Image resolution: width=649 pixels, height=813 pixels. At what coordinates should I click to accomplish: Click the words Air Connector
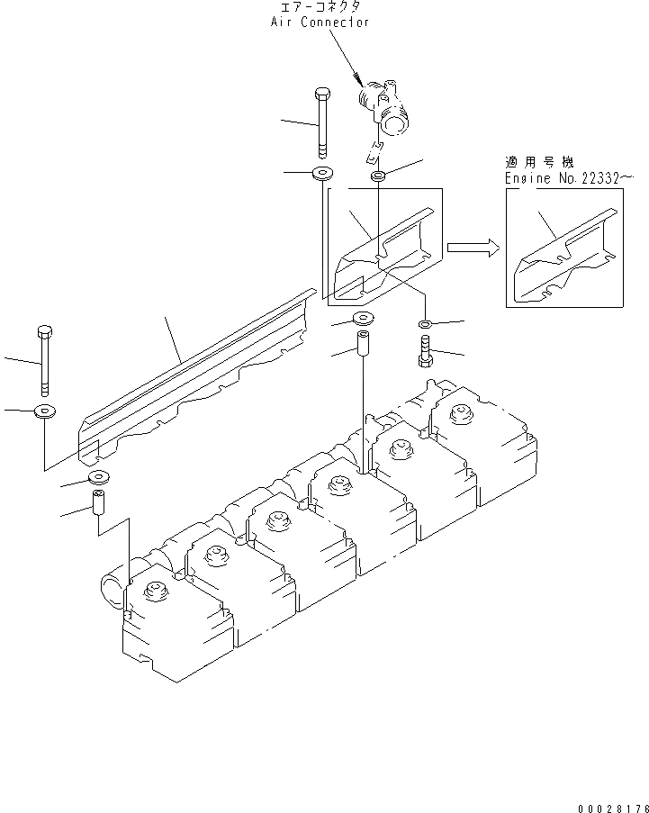(x=320, y=22)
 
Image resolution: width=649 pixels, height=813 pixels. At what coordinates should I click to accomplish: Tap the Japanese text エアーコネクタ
(x=320, y=7)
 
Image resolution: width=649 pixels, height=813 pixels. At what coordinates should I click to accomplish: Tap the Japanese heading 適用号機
(x=537, y=163)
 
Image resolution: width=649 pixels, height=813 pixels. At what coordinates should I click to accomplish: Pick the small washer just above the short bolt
(x=425, y=323)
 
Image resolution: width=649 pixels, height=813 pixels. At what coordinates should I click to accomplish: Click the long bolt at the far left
(x=43, y=360)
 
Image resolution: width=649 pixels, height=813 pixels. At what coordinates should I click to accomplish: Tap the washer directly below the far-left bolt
(x=43, y=412)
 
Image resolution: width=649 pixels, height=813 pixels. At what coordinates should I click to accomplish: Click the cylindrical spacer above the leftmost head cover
(x=97, y=501)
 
